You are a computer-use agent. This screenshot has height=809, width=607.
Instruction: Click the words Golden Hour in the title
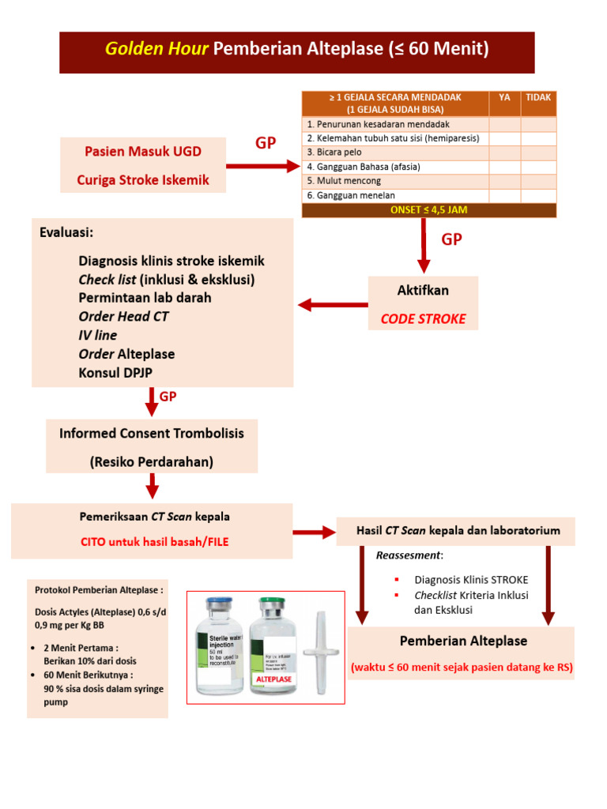(x=156, y=50)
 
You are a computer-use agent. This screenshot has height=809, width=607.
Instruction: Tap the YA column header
(x=504, y=97)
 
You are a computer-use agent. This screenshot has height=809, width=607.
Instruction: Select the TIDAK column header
(x=538, y=97)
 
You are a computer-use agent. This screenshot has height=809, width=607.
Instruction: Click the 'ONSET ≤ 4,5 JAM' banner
(x=429, y=210)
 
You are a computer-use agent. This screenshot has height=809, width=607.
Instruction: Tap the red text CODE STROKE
(x=423, y=319)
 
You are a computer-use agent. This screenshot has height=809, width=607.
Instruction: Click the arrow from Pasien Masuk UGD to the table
(x=261, y=167)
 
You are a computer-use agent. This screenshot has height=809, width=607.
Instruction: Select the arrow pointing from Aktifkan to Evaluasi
(x=332, y=305)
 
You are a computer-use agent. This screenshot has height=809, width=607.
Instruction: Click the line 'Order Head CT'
(x=123, y=317)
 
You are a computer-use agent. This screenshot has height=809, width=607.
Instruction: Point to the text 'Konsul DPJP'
(x=116, y=372)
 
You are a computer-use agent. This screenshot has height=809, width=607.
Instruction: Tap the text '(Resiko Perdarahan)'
(x=152, y=461)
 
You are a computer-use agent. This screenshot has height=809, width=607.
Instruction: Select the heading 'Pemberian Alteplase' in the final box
(x=463, y=641)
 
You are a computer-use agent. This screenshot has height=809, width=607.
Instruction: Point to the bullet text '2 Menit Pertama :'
(x=81, y=648)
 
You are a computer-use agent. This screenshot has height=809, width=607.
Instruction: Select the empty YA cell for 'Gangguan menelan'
(x=504, y=195)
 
